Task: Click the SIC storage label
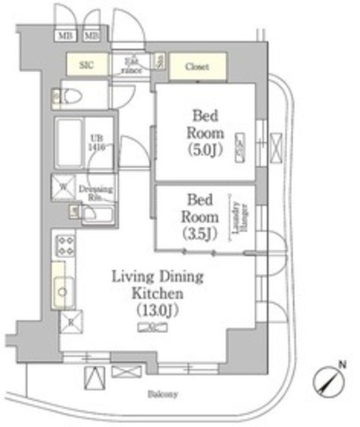coord(86,65)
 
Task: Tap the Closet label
coord(197,67)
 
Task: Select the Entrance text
coord(130,65)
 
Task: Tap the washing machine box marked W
coord(63,188)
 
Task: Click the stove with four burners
coord(65,246)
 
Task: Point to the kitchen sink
coord(63,290)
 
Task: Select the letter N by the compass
coord(342,364)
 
